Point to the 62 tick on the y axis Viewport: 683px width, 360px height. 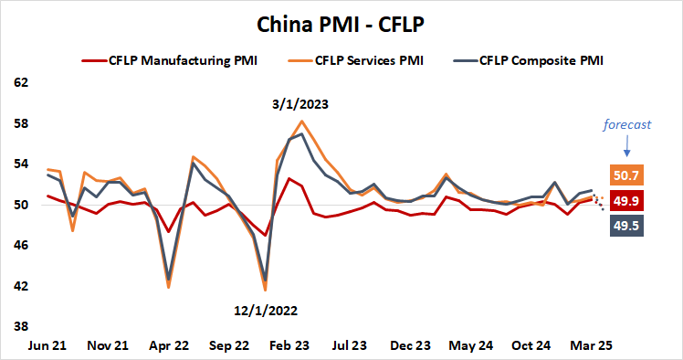19,82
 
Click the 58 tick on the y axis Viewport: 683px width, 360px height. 19,123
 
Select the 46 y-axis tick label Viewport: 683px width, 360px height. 19,246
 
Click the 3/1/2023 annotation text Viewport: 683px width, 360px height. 299,104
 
